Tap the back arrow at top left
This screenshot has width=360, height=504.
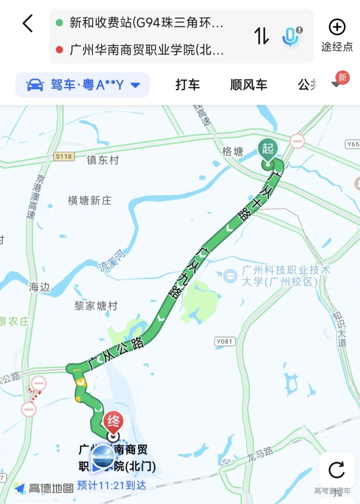(28, 23)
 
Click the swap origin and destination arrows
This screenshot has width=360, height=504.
(262, 36)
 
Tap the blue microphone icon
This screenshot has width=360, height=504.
(290, 36)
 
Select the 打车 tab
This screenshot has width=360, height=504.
(188, 85)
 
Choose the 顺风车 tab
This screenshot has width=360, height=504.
(249, 85)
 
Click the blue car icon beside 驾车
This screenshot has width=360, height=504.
(35, 85)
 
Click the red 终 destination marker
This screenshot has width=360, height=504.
(113, 421)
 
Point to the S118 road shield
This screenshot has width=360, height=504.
(64, 156)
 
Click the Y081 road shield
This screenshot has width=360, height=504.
(224, 342)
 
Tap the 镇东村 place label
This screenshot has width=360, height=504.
(103, 160)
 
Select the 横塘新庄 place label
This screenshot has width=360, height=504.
(90, 200)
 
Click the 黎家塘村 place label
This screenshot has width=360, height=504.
(96, 306)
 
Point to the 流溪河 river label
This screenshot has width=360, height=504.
(112, 261)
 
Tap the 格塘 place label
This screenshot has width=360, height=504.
(233, 151)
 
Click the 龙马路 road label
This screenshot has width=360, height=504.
(260, 454)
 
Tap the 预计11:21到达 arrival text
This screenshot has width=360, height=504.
(112, 485)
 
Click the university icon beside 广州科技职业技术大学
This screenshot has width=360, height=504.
(230, 276)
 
